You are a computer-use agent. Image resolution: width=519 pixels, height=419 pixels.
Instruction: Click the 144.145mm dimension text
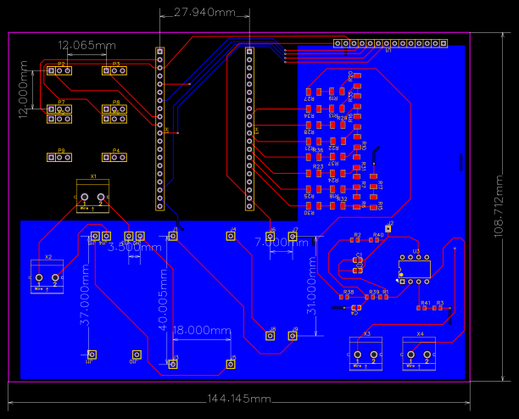click(238, 398)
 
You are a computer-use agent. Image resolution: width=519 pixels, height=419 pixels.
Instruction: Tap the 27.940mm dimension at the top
click(205, 13)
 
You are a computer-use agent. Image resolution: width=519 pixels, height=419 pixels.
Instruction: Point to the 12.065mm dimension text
click(86, 44)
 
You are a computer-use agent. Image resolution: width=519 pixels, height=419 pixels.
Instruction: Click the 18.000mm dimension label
click(202, 330)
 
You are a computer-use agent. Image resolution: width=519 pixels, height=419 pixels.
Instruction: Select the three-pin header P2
click(61, 70)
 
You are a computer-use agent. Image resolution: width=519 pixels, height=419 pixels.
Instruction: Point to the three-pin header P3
click(115, 70)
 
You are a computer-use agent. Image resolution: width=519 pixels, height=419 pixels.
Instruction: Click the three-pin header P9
click(61, 157)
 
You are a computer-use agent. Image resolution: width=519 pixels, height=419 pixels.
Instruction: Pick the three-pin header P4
click(115, 157)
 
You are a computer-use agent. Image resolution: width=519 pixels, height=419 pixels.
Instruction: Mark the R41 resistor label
click(426, 303)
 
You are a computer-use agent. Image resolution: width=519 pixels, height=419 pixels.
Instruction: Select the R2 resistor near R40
click(356, 240)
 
